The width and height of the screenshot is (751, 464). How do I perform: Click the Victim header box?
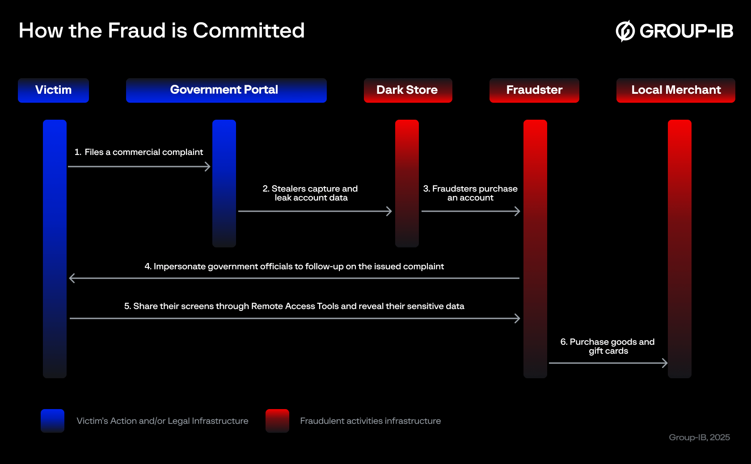[53, 90]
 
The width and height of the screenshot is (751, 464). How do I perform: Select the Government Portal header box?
[226, 90]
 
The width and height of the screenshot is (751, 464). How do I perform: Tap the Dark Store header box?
[408, 90]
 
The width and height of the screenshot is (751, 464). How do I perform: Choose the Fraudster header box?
[534, 90]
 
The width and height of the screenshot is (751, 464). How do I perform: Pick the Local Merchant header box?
[675, 90]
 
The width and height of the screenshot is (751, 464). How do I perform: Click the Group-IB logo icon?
[625, 31]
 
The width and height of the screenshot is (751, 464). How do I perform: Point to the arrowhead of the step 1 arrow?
[207, 167]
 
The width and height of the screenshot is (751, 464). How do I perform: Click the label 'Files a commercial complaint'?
[139, 152]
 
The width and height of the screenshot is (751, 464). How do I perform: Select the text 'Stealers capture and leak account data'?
[310, 193]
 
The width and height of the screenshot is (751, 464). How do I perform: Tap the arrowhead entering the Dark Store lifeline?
[389, 211]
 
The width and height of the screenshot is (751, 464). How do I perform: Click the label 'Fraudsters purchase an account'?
[470, 193]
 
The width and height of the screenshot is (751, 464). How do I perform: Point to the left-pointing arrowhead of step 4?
[72, 278]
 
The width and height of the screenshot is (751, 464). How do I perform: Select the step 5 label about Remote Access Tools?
[294, 306]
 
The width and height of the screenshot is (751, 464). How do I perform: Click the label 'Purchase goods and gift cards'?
[608, 347]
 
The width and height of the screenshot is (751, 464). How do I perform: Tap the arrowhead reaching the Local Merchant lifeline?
[665, 363]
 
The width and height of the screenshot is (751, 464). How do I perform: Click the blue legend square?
[52, 421]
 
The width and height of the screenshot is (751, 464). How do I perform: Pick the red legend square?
[277, 421]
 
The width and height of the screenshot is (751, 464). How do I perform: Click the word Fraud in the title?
[137, 31]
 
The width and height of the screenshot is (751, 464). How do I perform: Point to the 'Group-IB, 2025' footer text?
[699, 438]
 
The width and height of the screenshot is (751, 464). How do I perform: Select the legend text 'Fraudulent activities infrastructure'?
[370, 421]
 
